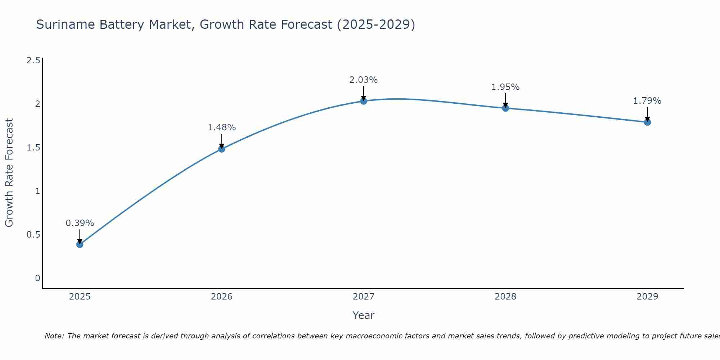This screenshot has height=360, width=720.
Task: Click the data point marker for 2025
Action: (80, 244)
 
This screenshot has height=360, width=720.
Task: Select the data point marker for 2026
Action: (221, 149)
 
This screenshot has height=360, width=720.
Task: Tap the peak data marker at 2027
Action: (364, 101)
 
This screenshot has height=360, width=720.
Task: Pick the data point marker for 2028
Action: (505, 108)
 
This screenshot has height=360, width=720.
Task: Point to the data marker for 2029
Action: (647, 122)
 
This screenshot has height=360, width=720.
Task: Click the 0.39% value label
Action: (80, 223)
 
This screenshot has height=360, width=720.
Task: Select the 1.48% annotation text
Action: (221, 127)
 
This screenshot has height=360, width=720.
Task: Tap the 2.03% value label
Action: (364, 80)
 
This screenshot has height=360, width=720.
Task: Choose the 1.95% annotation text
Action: (505, 87)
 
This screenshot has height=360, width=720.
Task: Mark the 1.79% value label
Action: (647, 101)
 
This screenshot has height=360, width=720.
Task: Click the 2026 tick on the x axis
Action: (221, 297)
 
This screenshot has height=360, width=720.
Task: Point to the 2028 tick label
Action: (505, 297)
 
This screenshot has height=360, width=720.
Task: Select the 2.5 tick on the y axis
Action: (33, 60)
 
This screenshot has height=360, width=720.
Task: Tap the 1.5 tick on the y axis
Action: (33, 148)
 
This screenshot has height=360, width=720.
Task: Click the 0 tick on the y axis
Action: (37, 278)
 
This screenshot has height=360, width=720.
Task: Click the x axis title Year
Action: (364, 315)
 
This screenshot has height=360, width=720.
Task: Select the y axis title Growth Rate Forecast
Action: (9, 173)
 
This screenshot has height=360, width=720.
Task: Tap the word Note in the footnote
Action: (54, 336)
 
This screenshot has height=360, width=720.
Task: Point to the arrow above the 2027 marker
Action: (364, 93)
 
